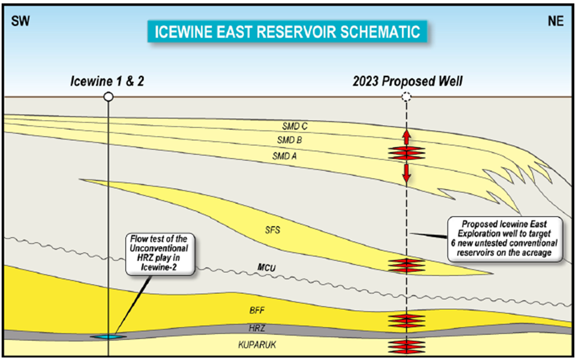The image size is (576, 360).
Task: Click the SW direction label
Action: tap(20, 21)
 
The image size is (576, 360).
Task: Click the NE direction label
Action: tap(555, 21)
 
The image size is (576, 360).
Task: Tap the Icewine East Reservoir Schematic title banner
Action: tap(287, 32)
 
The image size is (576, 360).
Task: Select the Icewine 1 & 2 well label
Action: tap(107, 81)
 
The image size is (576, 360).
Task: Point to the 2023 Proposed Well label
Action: tap(407, 81)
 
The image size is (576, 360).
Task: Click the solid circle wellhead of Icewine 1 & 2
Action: tap(108, 97)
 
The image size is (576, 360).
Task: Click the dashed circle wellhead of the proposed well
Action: tap(406, 97)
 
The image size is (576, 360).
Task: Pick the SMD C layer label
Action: tap(295, 126)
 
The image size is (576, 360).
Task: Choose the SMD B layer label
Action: tap(289, 140)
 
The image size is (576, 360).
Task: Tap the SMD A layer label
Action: tap(284, 156)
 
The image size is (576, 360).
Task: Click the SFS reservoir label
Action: tap(273, 230)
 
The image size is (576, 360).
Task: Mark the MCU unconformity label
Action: tap(267, 268)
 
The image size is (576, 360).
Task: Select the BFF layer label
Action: tap(257, 310)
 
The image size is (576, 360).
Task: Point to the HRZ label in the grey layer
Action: tap(257, 328)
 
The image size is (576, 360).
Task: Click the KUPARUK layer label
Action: tap(257, 345)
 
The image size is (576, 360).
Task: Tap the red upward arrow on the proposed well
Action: tap(406, 137)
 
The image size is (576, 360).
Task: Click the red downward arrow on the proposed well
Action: tap(406, 173)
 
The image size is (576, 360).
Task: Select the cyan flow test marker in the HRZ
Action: tap(108, 337)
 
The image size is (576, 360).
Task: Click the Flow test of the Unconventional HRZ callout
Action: tap(159, 253)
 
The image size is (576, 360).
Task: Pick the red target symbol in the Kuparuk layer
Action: tap(407, 346)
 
